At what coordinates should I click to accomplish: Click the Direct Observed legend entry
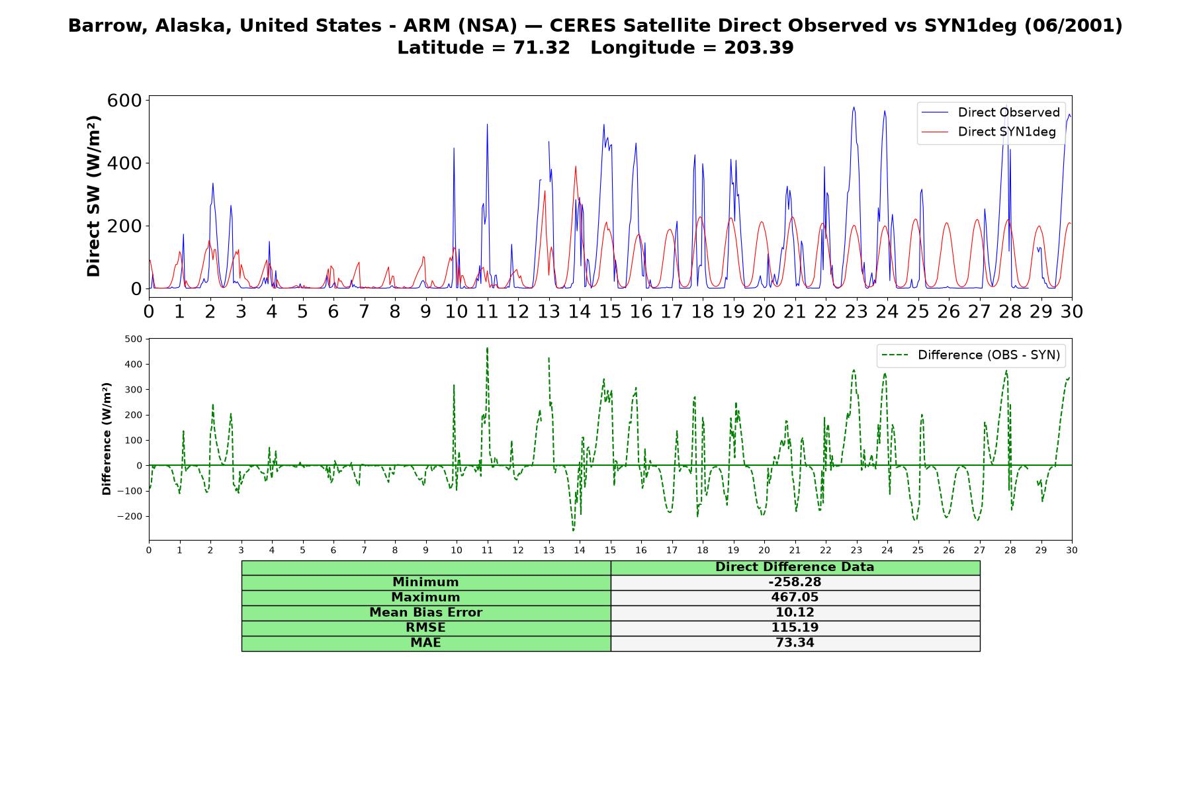991,112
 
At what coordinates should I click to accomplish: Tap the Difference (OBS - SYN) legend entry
971,355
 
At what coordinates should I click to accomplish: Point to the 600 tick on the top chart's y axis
124,101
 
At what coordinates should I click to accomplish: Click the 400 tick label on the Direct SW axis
124,163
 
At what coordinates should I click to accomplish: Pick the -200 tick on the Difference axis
130,516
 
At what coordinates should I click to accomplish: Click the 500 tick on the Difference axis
134,339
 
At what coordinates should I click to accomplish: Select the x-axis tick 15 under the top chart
610,311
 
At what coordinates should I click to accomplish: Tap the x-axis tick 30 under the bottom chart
1071,550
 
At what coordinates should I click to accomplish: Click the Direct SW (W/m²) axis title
94,196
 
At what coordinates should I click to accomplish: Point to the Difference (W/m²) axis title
107,439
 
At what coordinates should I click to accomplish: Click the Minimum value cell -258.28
795,582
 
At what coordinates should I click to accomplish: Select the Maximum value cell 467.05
795,597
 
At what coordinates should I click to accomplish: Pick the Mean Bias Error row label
425,613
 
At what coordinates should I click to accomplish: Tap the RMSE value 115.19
795,628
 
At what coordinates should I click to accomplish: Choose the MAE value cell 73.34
795,643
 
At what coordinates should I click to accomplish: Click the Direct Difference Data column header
795,567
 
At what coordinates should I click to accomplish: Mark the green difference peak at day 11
487,347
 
